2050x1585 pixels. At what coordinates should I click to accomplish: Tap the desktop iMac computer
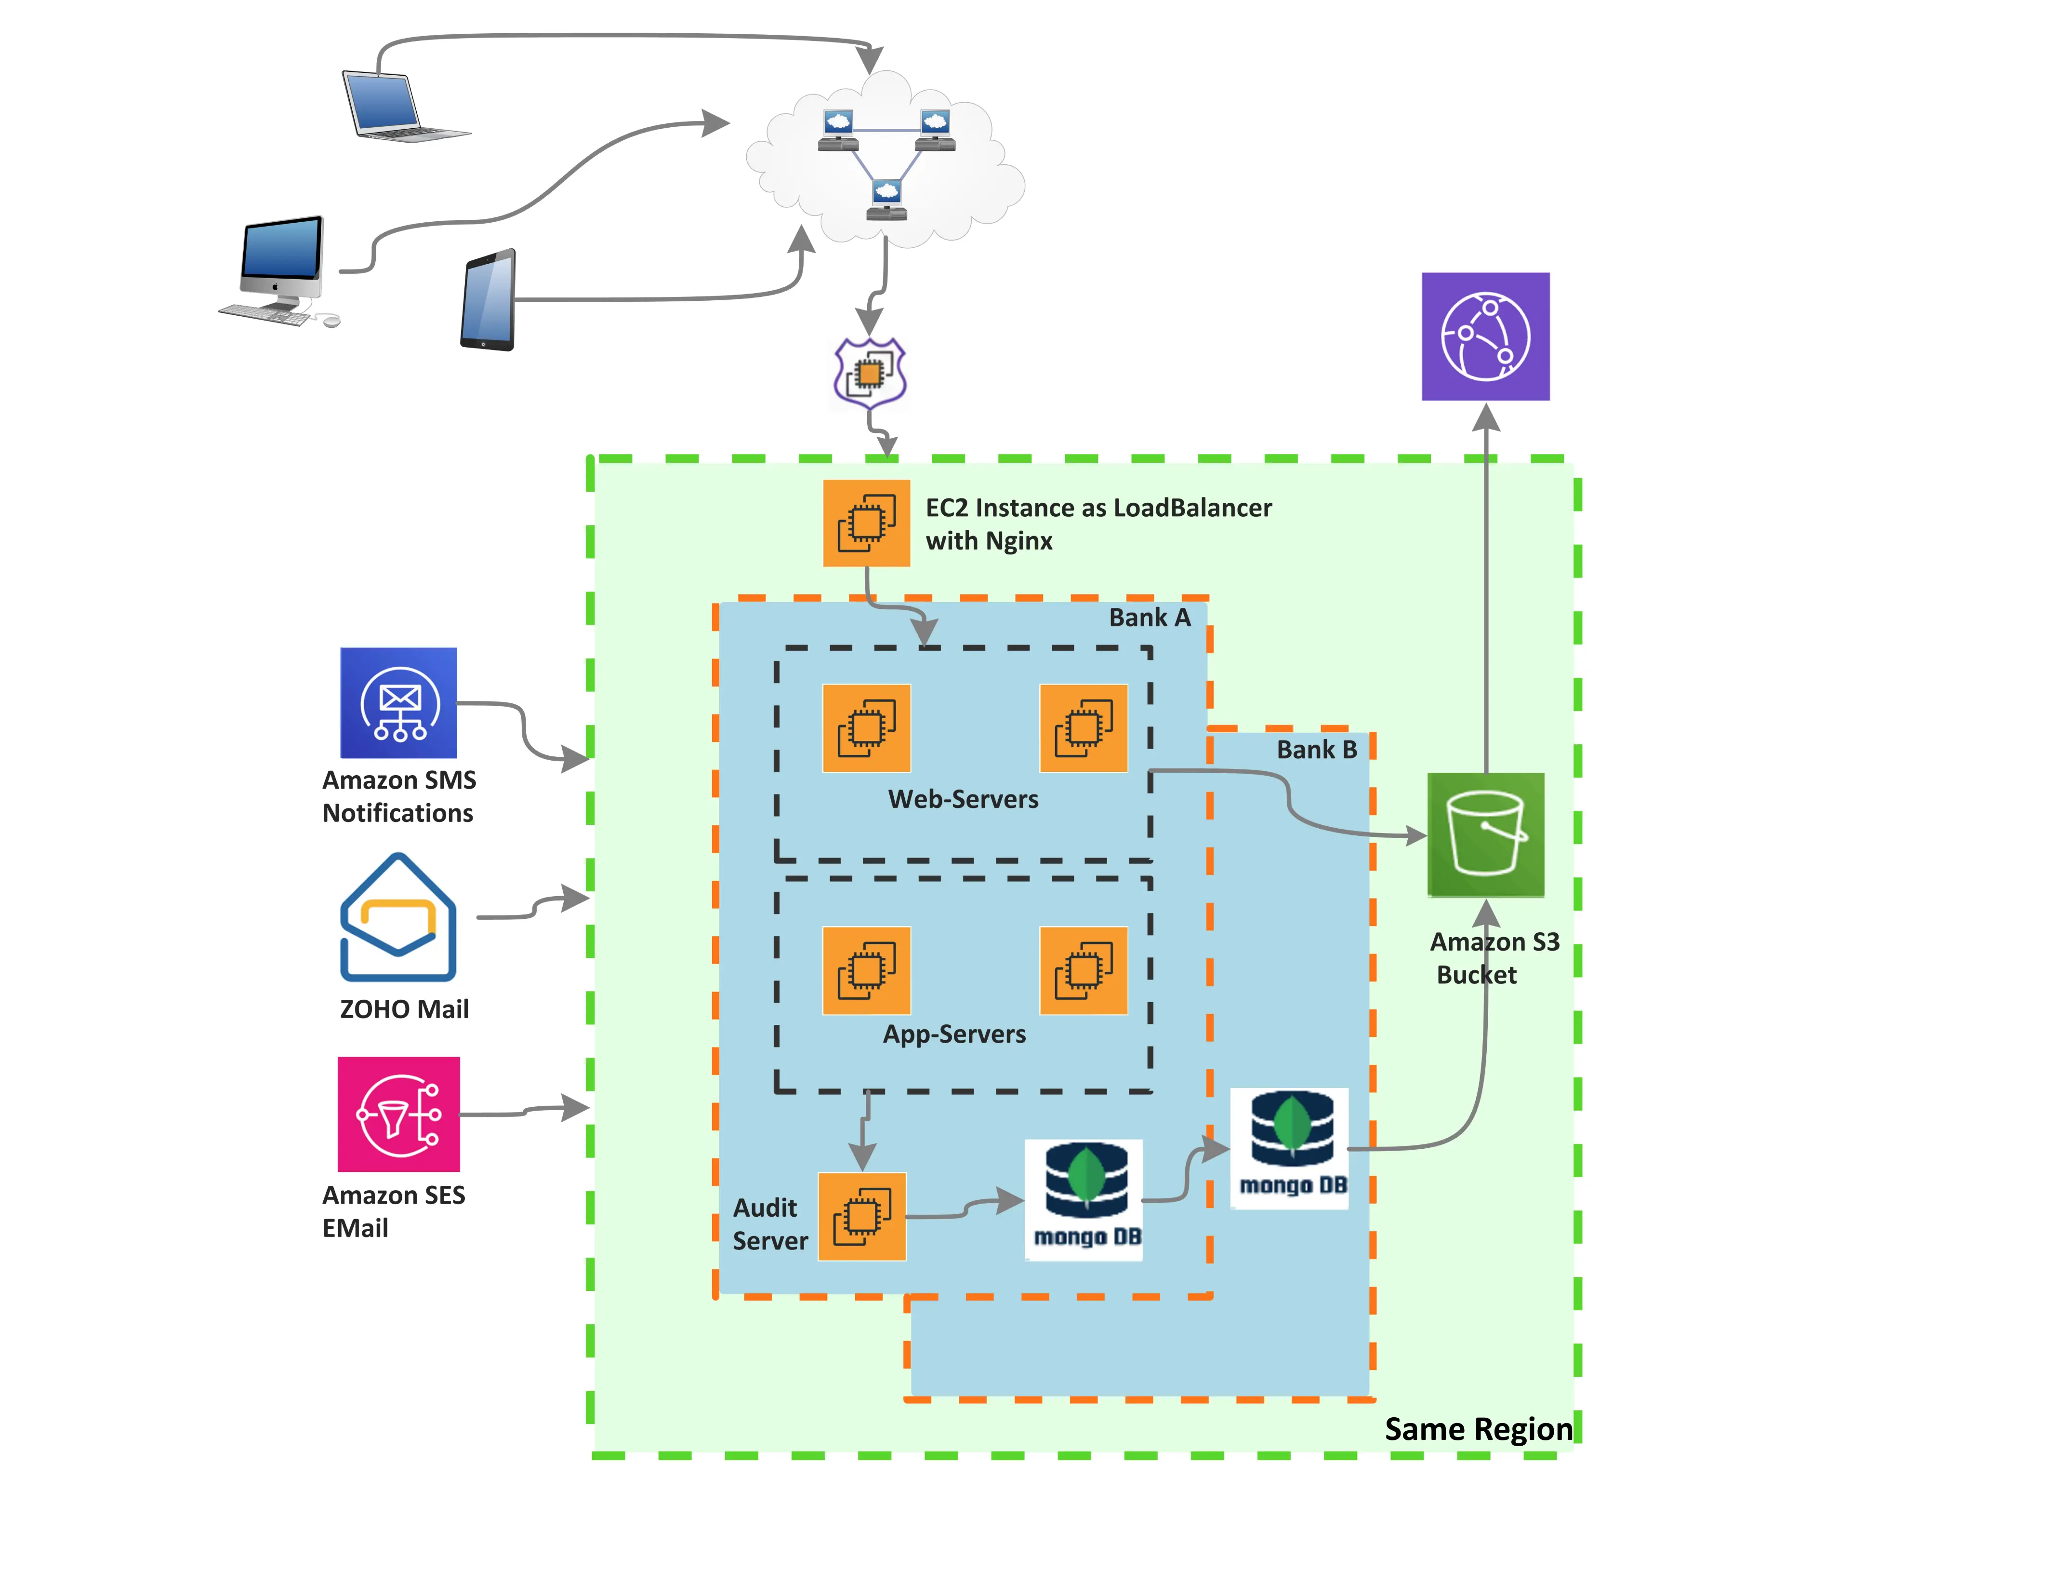point(280,268)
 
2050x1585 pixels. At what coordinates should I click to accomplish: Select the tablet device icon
point(488,299)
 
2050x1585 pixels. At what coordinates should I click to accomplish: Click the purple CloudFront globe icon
point(1485,336)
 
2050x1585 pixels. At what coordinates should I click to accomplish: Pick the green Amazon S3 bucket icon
point(1485,834)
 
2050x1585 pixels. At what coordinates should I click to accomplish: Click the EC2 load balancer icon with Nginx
point(865,523)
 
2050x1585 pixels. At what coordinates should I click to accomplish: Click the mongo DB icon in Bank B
point(1290,1147)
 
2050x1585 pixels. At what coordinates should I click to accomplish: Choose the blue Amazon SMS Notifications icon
point(398,702)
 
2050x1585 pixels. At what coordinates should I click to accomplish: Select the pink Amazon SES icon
point(398,1114)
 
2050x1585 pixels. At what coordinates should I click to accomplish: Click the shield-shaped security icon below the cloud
point(869,373)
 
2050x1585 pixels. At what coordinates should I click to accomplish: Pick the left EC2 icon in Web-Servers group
point(865,728)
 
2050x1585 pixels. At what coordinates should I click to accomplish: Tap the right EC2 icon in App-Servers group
point(1083,970)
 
